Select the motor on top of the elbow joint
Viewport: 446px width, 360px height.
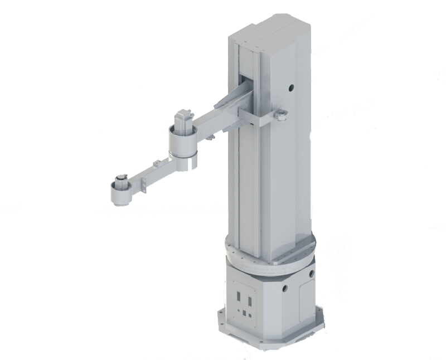click(x=183, y=120)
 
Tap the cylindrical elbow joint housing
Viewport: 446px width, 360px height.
click(x=182, y=146)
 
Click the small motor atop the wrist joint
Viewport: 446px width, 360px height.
click(x=119, y=181)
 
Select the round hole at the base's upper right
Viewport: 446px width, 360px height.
click(x=311, y=274)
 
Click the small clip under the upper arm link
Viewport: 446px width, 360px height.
click(x=210, y=137)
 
